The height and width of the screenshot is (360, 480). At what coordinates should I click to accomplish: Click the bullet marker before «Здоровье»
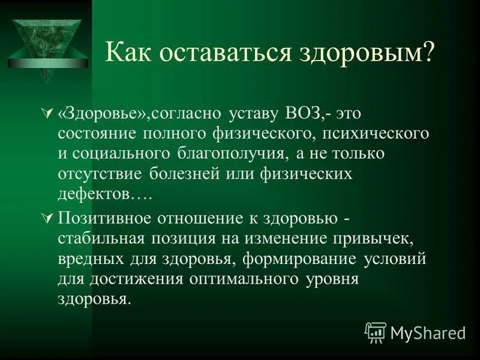(49, 113)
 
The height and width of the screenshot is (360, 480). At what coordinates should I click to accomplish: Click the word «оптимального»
(241, 280)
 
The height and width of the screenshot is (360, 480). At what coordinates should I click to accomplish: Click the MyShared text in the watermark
(428, 332)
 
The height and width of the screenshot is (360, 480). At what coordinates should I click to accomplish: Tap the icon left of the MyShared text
(375, 331)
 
